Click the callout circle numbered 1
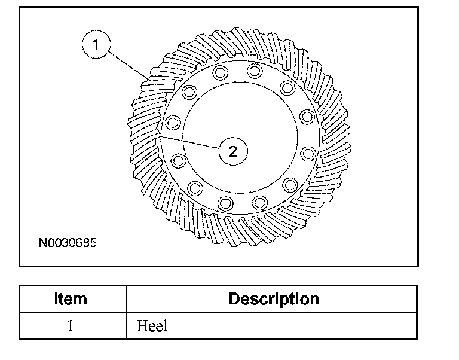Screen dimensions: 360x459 [x=96, y=44]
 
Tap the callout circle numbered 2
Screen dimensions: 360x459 [x=233, y=150]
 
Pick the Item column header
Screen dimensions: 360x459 [x=71, y=299]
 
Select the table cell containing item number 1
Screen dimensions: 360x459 [x=71, y=326]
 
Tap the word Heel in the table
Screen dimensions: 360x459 [x=152, y=326]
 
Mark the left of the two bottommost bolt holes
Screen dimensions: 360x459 [x=226, y=202]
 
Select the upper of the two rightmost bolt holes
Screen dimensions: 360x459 [x=307, y=116]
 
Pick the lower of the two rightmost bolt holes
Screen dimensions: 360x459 [x=308, y=154]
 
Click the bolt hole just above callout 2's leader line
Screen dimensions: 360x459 [x=173, y=123]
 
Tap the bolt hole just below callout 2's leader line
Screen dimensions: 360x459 [x=178, y=160]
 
